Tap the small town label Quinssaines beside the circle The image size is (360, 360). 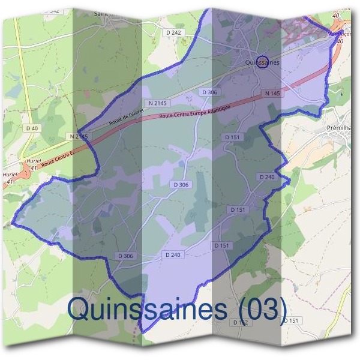point(262,62)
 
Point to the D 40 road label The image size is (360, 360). point(32,128)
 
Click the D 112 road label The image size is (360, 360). point(239,322)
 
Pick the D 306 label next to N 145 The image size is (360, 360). point(209,92)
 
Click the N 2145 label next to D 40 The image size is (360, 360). point(79,137)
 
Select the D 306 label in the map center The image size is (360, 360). point(180,185)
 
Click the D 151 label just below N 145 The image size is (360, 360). point(232,137)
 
